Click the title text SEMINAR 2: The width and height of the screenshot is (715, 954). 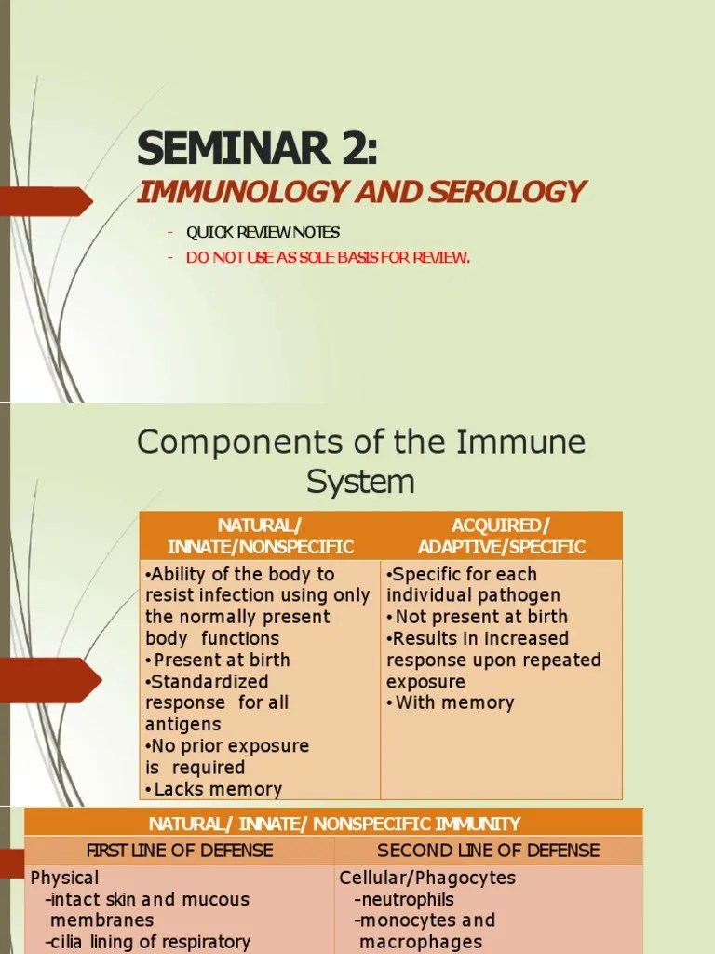258,149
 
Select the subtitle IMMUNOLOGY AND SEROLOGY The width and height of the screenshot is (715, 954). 361,192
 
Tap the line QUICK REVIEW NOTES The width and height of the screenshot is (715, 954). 263,232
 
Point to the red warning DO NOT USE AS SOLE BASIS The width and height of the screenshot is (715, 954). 328,257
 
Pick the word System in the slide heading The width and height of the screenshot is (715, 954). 360,482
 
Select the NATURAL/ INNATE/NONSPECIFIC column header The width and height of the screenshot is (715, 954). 260,536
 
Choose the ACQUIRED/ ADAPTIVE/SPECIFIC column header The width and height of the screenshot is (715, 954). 501,536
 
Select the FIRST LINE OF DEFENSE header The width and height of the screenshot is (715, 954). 180,850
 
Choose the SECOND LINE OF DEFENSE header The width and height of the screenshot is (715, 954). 488,850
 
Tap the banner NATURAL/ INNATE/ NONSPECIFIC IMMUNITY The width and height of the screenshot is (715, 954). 334,824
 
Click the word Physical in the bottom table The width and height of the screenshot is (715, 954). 64,878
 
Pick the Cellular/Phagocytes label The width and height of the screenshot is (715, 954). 427,878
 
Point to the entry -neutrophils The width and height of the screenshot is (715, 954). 404,899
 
